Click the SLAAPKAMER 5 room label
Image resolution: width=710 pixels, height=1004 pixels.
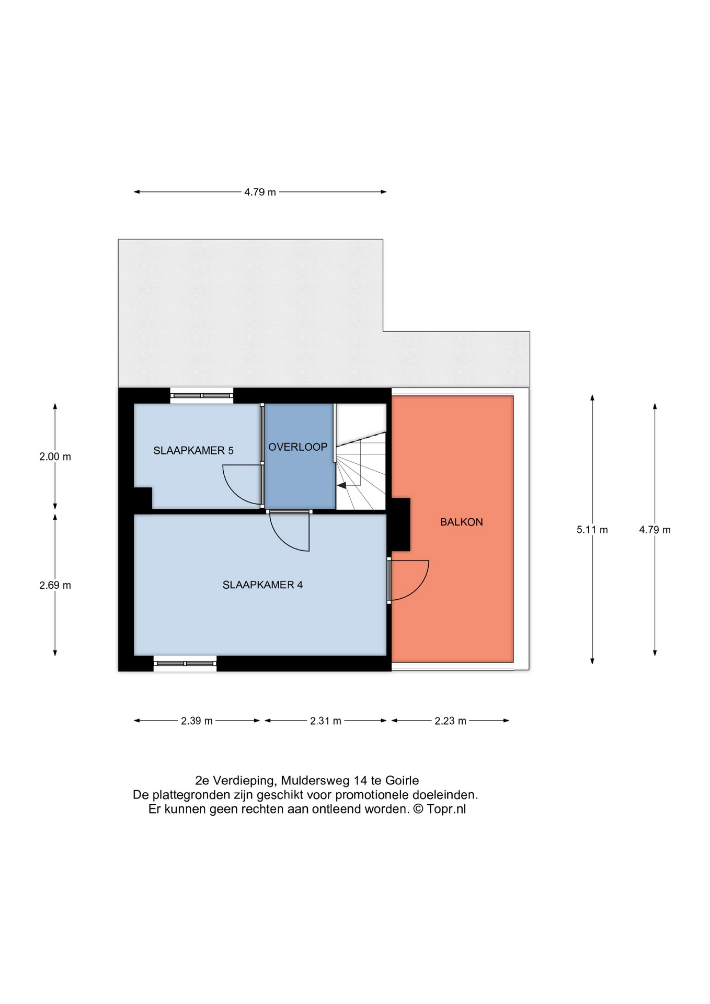pos(193,451)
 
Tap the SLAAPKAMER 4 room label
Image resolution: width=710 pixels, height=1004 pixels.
pos(262,585)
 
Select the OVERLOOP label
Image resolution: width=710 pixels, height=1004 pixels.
pos(297,447)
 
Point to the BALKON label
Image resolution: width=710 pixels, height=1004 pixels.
pos(461,522)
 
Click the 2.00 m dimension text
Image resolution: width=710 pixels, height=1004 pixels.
pos(55,457)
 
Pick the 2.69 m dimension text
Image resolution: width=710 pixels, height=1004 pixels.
pos(55,585)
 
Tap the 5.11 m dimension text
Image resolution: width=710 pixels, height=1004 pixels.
pos(592,530)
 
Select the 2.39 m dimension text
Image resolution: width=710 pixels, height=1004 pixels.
pos(197,721)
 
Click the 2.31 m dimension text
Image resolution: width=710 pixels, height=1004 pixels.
pos(325,721)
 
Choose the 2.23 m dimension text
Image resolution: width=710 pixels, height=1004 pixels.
pos(450,721)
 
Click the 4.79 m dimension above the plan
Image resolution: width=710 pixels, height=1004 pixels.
pos(260,192)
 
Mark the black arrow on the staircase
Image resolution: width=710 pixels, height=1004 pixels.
pos(341,485)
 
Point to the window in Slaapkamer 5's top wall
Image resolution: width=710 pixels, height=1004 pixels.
pos(202,396)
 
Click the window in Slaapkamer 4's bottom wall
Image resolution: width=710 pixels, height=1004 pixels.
pos(185,664)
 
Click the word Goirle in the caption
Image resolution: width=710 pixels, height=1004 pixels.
pos(402,781)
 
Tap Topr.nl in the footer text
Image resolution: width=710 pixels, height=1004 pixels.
pos(446,809)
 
